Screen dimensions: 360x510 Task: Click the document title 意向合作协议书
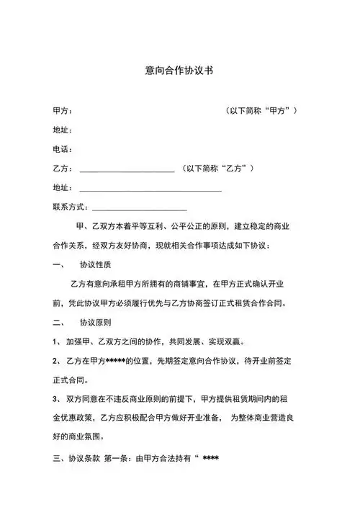[x=179, y=71]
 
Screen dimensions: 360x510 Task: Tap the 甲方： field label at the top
[x=63, y=111]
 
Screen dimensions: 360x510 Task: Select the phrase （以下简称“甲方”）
[x=261, y=111]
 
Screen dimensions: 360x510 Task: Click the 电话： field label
[x=63, y=149]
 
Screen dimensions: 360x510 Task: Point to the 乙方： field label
[x=63, y=169]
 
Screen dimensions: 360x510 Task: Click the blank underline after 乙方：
[x=127, y=171]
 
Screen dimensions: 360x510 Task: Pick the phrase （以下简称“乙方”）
[x=218, y=169]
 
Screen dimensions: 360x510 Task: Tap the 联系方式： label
[x=71, y=207]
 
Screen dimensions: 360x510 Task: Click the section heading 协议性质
[x=95, y=264]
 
